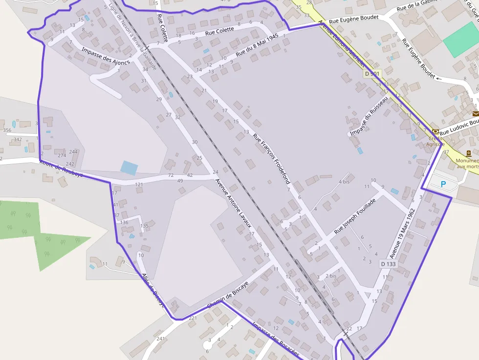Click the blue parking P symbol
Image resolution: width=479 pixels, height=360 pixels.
pos(443,185)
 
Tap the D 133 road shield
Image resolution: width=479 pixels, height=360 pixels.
pos(388,264)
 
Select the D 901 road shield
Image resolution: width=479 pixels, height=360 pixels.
pos(372,74)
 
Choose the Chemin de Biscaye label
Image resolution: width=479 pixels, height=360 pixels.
pos(228,294)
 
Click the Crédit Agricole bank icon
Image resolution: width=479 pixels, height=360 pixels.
pos(435,132)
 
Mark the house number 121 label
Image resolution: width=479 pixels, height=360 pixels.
pos(139,185)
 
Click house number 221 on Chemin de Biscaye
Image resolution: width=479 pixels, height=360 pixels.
pos(193,318)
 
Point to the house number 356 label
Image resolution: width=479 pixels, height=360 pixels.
pos(7,130)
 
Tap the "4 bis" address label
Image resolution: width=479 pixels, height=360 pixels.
pos(344,182)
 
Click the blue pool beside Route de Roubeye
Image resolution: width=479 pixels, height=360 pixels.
pos(129,168)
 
